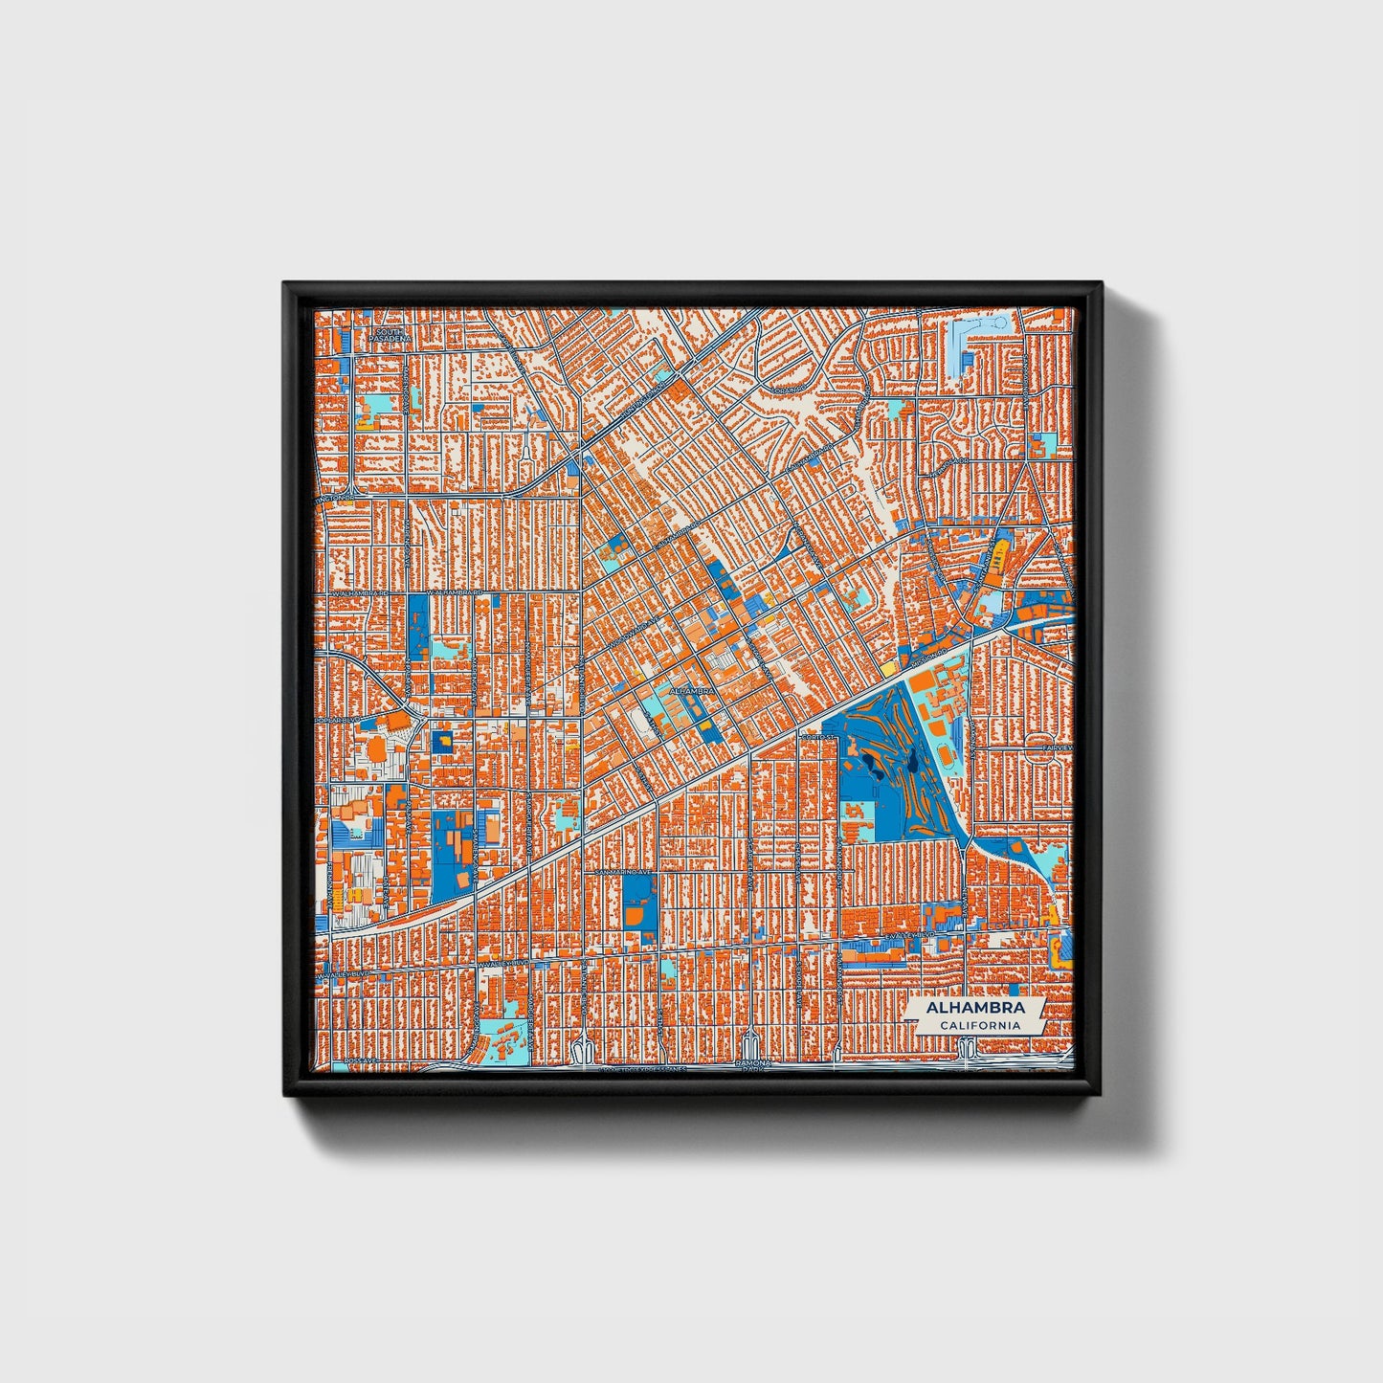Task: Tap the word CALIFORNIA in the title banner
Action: [x=978, y=1026]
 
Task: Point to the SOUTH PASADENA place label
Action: [x=390, y=335]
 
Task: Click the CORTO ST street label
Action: [x=819, y=737]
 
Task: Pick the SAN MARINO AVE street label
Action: [x=623, y=873]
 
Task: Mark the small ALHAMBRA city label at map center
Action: [x=693, y=689]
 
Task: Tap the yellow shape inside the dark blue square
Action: [x=443, y=740]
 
